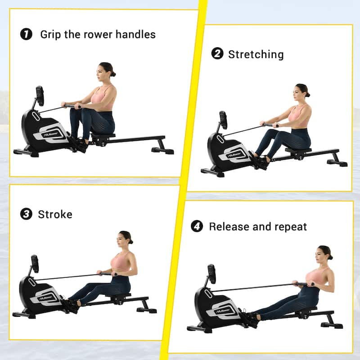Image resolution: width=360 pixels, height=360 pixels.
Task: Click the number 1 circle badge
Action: [27, 34]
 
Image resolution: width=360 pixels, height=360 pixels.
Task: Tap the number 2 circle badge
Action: [217, 54]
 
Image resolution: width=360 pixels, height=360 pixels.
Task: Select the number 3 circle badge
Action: [26, 214]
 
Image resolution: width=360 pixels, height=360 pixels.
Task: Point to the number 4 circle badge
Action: [197, 226]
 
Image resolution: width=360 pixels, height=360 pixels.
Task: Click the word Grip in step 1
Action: [50, 34]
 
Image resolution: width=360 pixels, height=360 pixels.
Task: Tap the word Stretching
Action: [256, 54]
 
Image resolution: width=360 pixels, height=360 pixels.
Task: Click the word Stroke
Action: [55, 214]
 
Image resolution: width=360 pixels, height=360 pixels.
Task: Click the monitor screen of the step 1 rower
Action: [40, 95]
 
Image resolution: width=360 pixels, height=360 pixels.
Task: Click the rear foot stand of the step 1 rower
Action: [163, 150]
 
